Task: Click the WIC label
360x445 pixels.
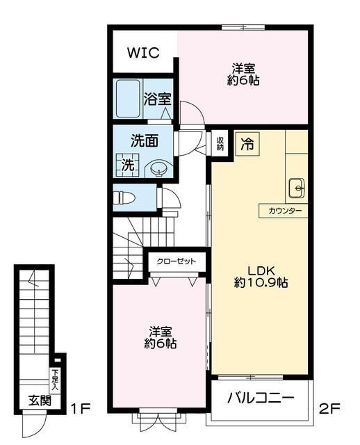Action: pyautogui.click(x=143, y=53)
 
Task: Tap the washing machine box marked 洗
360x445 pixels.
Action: pyautogui.click(x=128, y=165)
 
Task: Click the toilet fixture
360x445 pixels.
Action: pyautogui.click(x=126, y=197)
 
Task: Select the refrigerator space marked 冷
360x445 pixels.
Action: pyautogui.click(x=246, y=144)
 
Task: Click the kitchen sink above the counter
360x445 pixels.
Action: pyautogui.click(x=296, y=186)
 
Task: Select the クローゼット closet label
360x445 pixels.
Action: pyautogui.click(x=176, y=262)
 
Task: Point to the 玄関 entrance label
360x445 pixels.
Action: pyautogui.click(x=38, y=400)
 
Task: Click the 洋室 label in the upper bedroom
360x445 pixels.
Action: pyautogui.click(x=243, y=68)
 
